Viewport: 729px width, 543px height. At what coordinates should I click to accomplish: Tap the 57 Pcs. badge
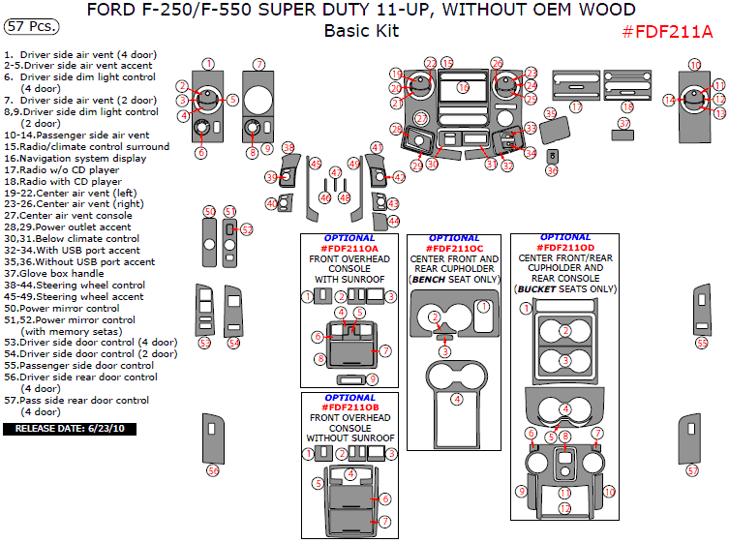coord(31,26)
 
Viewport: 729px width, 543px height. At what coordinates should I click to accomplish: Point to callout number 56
coord(213,470)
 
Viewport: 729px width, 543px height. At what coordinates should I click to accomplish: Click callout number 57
coord(691,469)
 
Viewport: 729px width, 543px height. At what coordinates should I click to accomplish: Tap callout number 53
coord(204,343)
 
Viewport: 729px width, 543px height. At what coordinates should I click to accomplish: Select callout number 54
coord(234,343)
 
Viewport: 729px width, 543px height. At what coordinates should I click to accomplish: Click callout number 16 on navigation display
coord(464,88)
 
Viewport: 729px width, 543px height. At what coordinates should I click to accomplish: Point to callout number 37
coord(624,124)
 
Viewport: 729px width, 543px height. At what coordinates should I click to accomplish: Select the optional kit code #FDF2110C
coord(454,249)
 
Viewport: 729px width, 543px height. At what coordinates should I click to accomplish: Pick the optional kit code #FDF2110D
coord(565,248)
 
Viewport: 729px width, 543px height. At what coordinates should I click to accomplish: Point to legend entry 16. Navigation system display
coord(76,158)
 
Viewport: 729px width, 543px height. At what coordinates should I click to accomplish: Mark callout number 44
coord(392,222)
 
